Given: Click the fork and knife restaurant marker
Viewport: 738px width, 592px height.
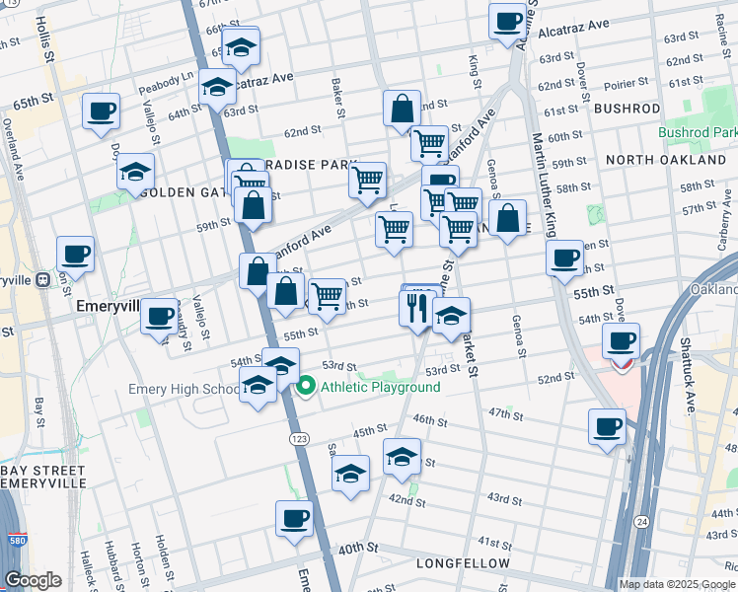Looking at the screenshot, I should tap(416, 307).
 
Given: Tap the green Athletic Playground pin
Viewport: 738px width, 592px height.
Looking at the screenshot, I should tap(306, 387).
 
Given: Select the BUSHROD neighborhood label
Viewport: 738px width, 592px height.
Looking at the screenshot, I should tap(627, 109).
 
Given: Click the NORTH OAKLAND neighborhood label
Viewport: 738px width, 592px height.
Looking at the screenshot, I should tap(666, 159).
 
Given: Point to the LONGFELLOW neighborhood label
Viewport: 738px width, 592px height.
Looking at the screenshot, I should tap(463, 563).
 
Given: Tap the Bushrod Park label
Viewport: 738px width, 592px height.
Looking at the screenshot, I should tap(698, 132).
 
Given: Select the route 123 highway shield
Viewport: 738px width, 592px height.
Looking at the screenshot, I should tap(295, 436).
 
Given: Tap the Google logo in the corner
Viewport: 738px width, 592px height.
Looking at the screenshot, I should tap(33, 580).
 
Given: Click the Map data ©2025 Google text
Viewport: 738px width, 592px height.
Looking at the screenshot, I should tap(677, 584).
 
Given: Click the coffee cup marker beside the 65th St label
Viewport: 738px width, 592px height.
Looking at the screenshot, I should tap(101, 111).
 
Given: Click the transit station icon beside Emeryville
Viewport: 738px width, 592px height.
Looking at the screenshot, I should tap(42, 280).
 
